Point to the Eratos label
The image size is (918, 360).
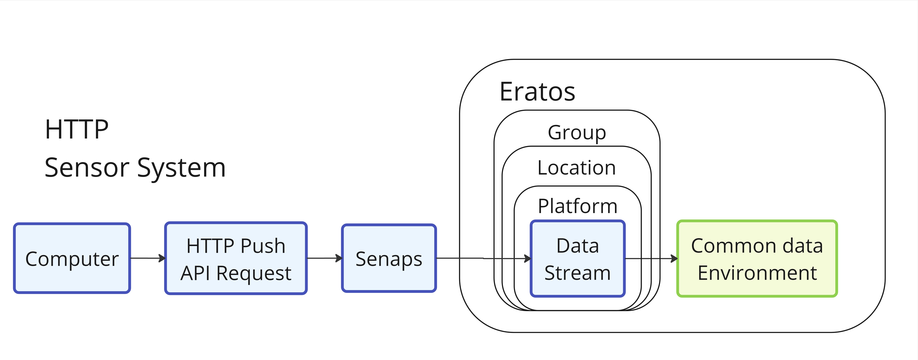pyautogui.click(x=537, y=92)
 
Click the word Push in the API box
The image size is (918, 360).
pyautogui.click(x=263, y=246)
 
